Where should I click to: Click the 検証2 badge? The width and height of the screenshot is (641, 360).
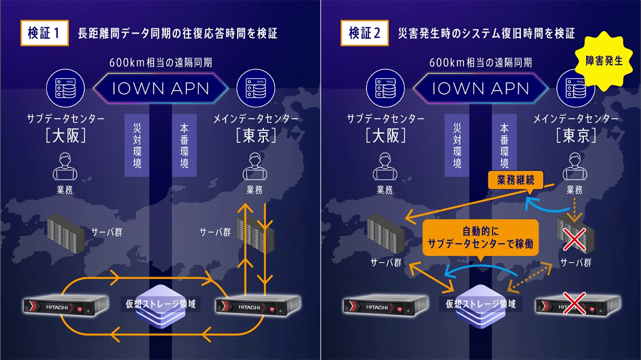(x=365, y=33)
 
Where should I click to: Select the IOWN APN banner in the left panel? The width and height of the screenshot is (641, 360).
(x=160, y=88)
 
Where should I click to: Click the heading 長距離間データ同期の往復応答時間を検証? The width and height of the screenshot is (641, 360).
(x=177, y=33)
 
